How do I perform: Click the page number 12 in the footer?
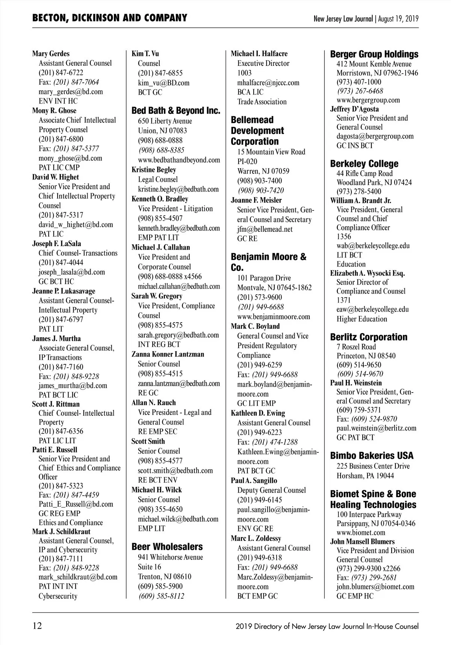(37, 626)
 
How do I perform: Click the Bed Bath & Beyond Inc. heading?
(176, 111)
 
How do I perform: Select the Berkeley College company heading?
(364, 164)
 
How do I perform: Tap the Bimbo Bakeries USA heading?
(371, 456)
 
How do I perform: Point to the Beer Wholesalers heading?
(167, 547)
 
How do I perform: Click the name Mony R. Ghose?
(54, 111)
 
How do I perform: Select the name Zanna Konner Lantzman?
(168, 354)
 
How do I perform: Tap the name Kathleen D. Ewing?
(258, 413)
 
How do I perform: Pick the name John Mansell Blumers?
(362, 542)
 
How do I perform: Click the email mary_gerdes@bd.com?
(71, 92)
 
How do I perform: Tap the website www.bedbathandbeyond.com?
(179, 160)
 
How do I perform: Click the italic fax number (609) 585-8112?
(161, 596)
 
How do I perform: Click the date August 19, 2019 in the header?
(398, 18)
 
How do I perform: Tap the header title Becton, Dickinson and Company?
(109, 18)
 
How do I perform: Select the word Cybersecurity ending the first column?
(58, 596)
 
